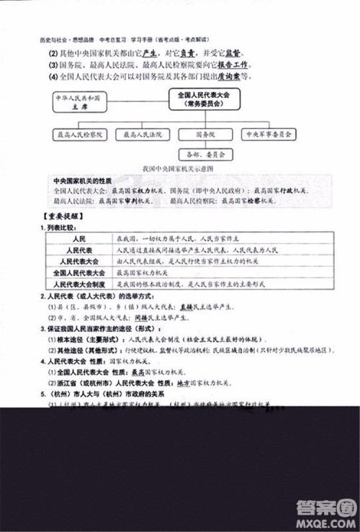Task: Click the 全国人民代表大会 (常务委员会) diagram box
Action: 203,99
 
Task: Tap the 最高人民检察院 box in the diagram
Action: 79,134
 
